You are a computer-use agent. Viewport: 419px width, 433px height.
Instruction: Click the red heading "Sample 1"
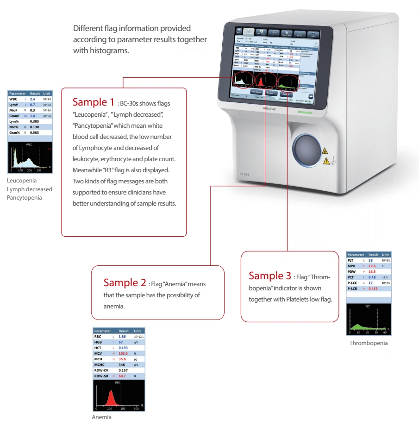point(93,102)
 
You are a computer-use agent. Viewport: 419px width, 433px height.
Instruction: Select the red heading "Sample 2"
point(125,282)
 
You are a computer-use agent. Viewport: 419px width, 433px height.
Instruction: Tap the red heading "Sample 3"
point(269,276)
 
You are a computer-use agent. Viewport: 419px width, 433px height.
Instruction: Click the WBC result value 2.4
point(32,99)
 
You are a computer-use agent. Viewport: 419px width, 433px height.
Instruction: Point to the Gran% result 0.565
point(34,132)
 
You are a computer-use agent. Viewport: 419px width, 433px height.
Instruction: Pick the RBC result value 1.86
point(122,337)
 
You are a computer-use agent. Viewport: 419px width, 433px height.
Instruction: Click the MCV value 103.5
point(123,353)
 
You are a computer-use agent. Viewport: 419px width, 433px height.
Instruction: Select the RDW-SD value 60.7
point(122,376)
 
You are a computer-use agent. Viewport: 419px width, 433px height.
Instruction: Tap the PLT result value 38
point(370,260)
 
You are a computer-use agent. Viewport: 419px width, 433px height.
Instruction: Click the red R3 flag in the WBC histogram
point(49,149)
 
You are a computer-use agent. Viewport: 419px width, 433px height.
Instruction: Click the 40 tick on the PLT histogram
point(385,333)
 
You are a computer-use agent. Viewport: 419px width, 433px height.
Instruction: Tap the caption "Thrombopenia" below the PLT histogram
point(369,343)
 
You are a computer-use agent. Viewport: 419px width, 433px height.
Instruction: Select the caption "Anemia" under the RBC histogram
point(102,417)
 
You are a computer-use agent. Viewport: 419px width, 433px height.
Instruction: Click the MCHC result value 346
point(122,365)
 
